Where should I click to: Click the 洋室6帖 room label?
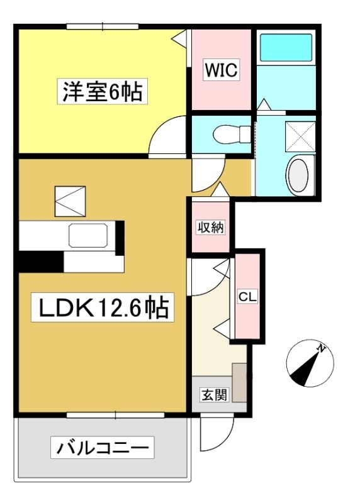(103, 91)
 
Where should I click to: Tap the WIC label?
(222, 70)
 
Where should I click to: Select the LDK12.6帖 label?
(103, 307)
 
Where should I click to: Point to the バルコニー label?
(103, 448)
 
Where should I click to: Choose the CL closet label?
(247, 297)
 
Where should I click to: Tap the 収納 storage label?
(211, 227)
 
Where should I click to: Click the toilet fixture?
(232, 134)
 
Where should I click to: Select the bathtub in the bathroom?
(286, 48)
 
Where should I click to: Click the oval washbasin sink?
(298, 175)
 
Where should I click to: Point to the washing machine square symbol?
(300, 136)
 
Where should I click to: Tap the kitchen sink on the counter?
(88, 236)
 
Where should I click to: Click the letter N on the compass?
(320, 348)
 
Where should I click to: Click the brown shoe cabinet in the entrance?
(239, 382)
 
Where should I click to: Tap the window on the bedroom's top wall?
(103, 26)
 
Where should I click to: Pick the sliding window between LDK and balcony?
(116, 415)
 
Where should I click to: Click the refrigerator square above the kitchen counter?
(70, 201)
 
